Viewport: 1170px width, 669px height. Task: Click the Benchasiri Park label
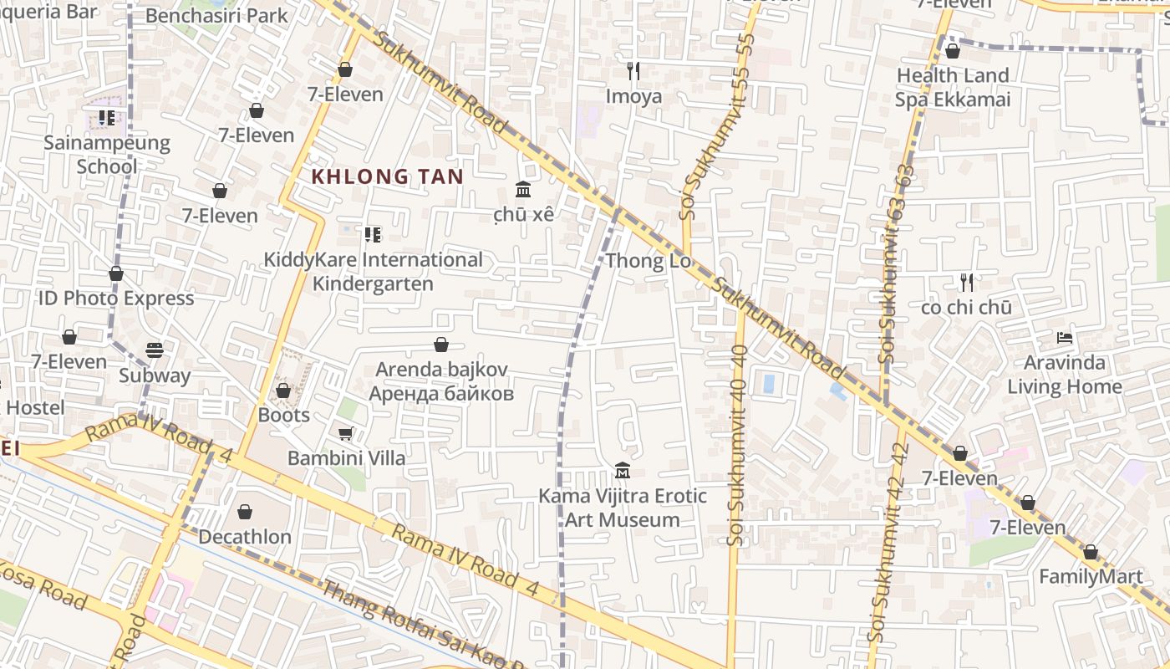click(x=216, y=15)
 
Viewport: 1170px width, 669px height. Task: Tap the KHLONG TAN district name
click(x=387, y=176)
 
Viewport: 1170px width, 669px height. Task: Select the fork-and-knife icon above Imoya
click(x=633, y=71)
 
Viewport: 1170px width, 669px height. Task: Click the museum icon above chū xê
click(x=523, y=189)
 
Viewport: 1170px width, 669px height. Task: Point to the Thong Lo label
click(x=649, y=261)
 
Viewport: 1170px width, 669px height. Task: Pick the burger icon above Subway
click(x=155, y=350)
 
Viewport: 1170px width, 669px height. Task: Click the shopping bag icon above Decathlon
click(x=245, y=511)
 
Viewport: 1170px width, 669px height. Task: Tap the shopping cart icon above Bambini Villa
click(x=345, y=432)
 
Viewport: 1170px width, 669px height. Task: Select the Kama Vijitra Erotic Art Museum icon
click(x=622, y=471)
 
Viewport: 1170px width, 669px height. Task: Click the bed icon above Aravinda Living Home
click(x=1065, y=338)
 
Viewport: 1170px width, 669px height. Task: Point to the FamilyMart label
click(x=1090, y=577)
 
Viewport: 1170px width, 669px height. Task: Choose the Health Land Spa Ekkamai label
click(x=953, y=88)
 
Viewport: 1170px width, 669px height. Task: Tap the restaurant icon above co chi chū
click(x=967, y=282)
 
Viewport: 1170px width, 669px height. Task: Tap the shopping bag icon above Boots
click(x=283, y=391)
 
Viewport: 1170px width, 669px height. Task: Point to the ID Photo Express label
click(x=116, y=299)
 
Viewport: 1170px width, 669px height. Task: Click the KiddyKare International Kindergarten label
click(x=373, y=272)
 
